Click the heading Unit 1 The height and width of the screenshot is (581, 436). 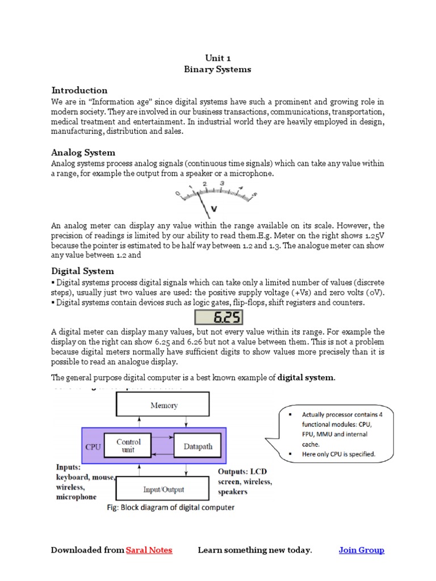(217, 58)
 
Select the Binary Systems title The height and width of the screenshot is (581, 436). (217, 70)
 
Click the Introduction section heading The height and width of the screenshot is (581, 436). (79, 90)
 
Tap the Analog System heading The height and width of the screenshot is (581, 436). (83, 152)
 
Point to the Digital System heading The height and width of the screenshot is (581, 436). (82, 271)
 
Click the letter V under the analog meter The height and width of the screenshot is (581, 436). (213, 209)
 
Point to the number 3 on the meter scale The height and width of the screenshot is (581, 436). (222, 184)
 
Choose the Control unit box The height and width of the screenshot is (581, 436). (128, 445)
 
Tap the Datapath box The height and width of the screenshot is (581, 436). (198, 447)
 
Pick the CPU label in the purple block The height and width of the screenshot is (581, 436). (93, 447)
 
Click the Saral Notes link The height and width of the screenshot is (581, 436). (149, 550)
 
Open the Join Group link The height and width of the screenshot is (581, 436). (361, 550)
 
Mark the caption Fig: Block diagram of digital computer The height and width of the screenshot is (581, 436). (171, 508)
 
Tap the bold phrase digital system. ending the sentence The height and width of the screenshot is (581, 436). (306, 377)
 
